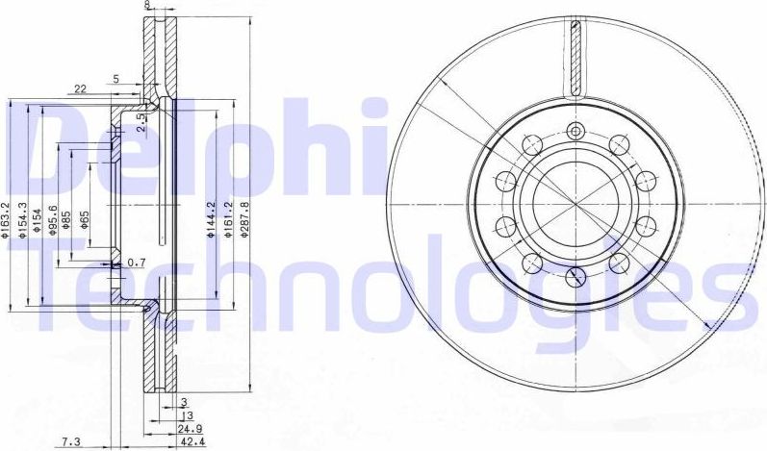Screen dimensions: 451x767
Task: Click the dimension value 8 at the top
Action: point(146,5)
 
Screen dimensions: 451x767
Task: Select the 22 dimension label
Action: point(80,88)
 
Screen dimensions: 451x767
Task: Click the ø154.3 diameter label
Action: point(23,218)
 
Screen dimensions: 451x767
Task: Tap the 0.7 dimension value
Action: point(136,263)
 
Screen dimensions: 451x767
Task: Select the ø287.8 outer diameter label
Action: point(246,220)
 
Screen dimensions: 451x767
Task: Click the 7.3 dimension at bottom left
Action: point(70,441)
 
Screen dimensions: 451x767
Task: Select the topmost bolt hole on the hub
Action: point(575,132)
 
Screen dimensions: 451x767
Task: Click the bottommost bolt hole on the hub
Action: point(575,277)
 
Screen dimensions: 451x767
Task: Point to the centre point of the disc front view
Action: point(575,204)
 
